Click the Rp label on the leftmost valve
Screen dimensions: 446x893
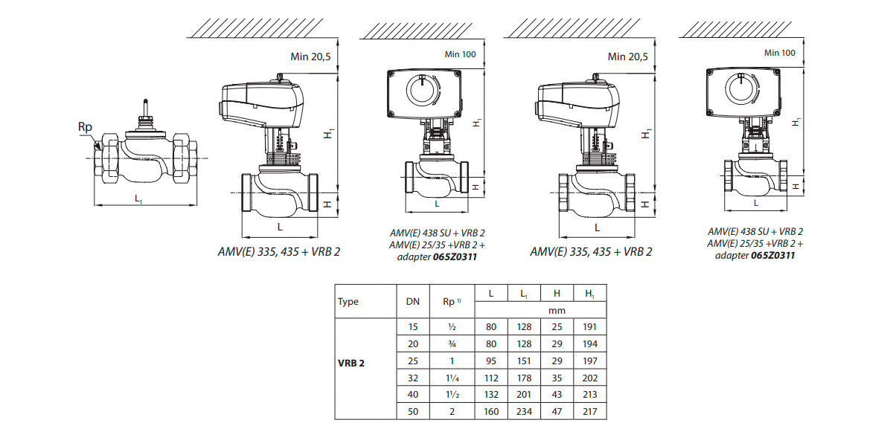(x=85, y=127)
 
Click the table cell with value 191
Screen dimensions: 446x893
(x=590, y=326)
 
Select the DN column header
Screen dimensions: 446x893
(x=412, y=301)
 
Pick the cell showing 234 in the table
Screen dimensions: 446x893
(x=525, y=411)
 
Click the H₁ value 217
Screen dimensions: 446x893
(x=590, y=411)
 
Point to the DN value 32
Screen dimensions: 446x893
(x=412, y=377)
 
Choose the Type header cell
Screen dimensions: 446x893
(x=348, y=301)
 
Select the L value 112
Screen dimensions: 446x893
(x=491, y=377)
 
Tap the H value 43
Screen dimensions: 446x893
(x=557, y=394)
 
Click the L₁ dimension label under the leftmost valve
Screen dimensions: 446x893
(x=138, y=198)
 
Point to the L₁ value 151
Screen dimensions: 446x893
(x=525, y=360)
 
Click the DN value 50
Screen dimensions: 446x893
(x=412, y=411)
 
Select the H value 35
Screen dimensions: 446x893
(x=557, y=377)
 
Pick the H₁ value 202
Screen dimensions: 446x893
(x=590, y=377)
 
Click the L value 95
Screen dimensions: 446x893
(x=491, y=360)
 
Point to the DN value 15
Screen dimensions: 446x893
(x=412, y=326)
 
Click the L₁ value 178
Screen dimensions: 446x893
(x=525, y=377)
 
